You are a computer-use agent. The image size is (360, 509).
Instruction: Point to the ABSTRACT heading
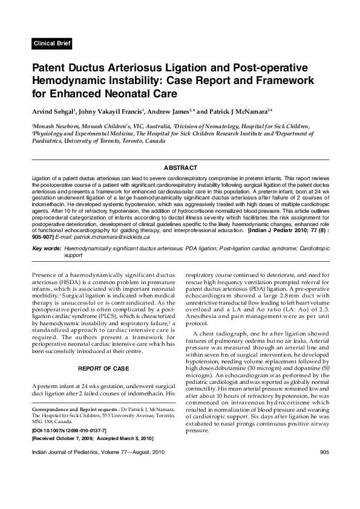pos(180,167)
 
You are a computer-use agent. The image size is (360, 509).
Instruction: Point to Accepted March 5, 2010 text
pos(127,438)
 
